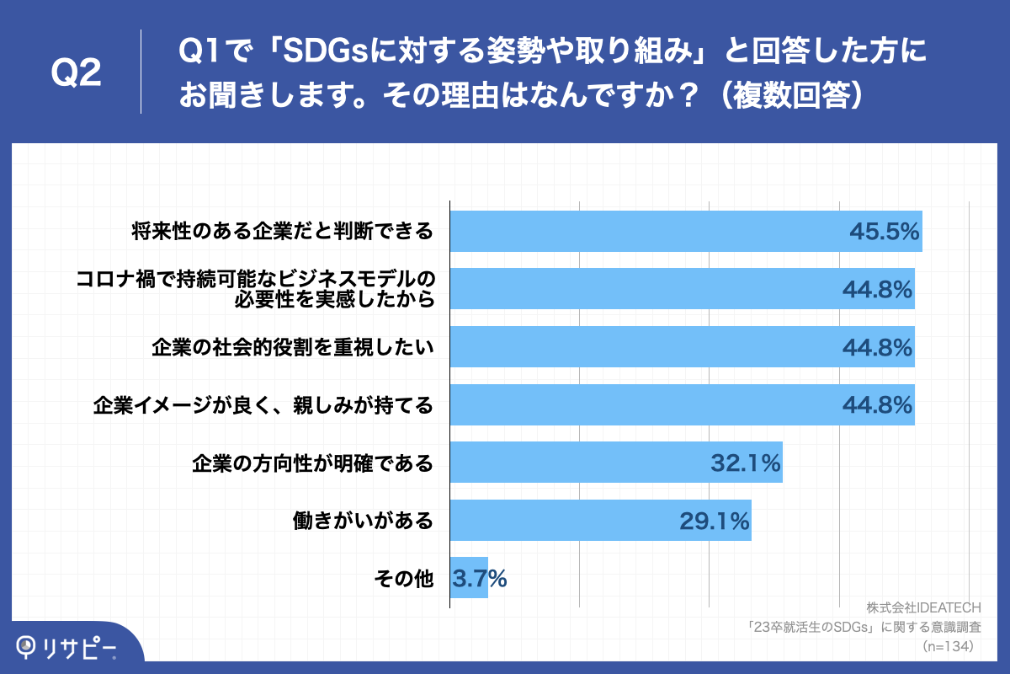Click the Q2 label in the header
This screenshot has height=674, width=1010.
click(x=77, y=74)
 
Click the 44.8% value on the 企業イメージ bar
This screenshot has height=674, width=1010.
click(x=878, y=405)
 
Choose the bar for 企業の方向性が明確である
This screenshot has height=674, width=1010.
click(x=589, y=463)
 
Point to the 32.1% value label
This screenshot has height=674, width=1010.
click(x=746, y=463)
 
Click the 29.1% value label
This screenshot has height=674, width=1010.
click(x=715, y=522)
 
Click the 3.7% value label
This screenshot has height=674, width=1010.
click(x=480, y=579)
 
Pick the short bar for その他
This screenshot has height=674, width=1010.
click(x=469, y=578)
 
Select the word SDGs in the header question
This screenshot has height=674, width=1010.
click(x=317, y=54)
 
